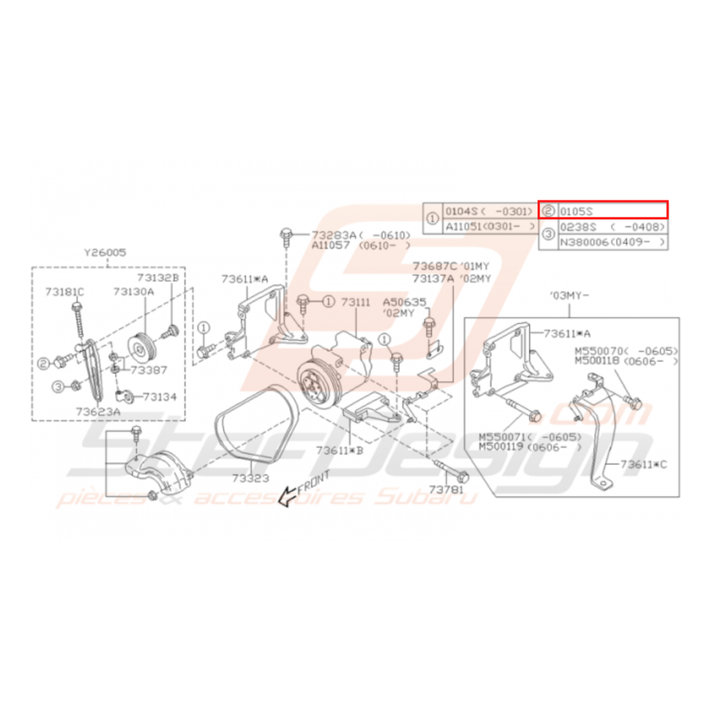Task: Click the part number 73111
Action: [355, 301]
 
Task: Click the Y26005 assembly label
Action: [106, 253]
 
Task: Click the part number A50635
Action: [405, 301]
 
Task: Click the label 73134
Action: [159, 396]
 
